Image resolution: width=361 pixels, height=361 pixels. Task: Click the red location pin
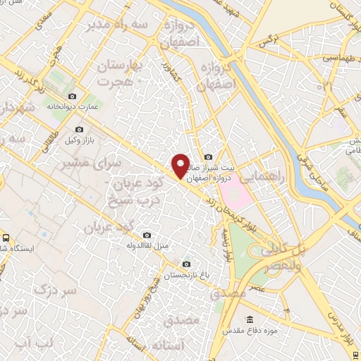tap(181, 166)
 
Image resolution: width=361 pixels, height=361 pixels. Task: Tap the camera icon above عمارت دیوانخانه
tap(72, 97)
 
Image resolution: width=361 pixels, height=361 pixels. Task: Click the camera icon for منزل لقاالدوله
tap(147, 235)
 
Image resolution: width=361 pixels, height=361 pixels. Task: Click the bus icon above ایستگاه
tap(5, 238)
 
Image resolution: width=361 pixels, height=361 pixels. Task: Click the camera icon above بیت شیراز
tap(207, 157)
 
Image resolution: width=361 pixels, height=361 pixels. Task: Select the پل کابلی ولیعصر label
tap(282, 257)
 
